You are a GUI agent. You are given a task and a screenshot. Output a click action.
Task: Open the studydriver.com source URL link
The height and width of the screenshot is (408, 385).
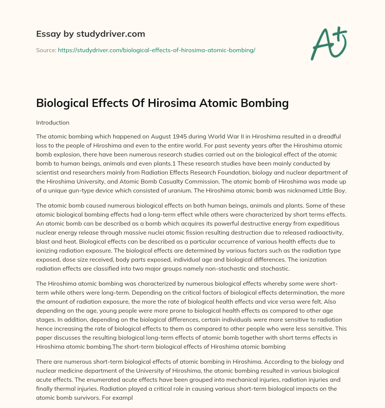click(x=156, y=50)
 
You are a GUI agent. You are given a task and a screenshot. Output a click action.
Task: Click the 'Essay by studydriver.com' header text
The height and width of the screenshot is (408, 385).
click(x=91, y=34)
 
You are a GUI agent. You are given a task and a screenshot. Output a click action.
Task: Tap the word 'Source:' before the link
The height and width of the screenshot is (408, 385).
click(x=46, y=50)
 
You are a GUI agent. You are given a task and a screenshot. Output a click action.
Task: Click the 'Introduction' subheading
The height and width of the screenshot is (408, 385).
click(x=53, y=122)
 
